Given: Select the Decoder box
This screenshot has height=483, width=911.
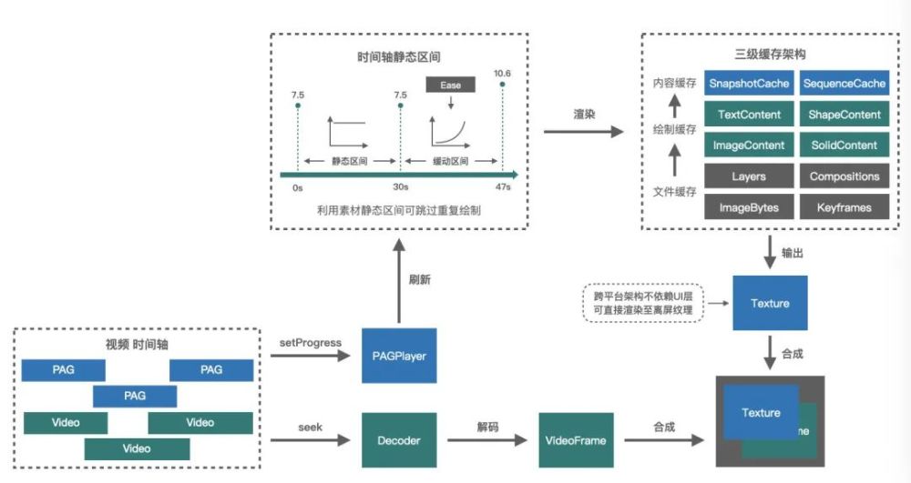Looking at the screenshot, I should [398, 440].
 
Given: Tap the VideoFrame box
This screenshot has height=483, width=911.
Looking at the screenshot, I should [575, 440].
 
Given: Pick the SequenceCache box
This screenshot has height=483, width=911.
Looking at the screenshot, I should [844, 84].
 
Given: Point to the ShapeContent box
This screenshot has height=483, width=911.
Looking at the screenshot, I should [844, 115].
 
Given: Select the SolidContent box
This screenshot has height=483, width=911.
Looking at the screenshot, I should [844, 146].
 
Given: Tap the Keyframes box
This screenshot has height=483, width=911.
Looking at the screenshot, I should [844, 207].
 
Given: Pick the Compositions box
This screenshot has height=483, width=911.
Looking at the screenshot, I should [844, 176].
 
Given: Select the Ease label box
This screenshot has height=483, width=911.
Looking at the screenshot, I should [450, 85].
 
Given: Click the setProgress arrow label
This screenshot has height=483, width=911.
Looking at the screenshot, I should [312, 343].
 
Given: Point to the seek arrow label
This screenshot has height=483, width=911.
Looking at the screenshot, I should [311, 428].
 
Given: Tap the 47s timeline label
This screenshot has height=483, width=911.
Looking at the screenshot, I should [503, 186].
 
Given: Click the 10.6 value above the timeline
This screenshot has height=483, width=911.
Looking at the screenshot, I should [502, 73].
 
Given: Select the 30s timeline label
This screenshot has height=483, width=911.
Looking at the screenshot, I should [400, 186].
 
